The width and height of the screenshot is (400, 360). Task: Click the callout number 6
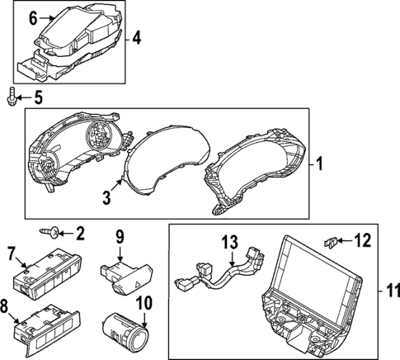pyautogui.click(x=33, y=17)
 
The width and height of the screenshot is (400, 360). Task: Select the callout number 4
pyautogui.click(x=137, y=37)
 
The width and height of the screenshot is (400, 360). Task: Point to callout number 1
pyautogui.click(x=322, y=163)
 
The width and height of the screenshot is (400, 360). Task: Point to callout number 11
pyautogui.click(x=390, y=291)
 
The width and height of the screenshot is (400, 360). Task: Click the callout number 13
pyautogui.click(x=229, y=242)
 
